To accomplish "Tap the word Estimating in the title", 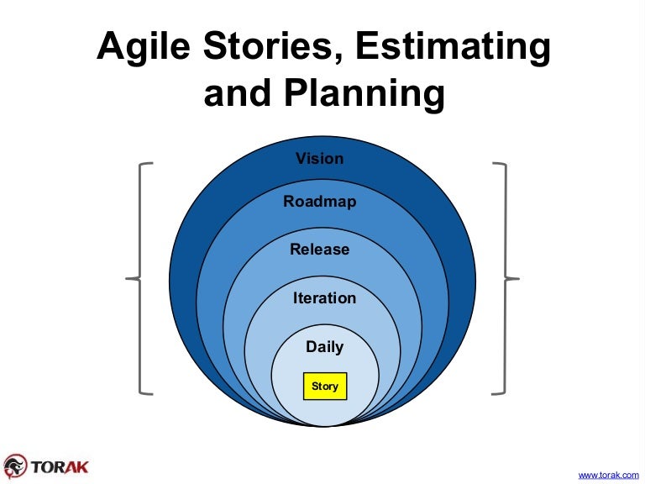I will click(x=453, y=49).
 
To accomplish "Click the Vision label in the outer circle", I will click(x=320, y=158).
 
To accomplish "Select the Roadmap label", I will click(x=320, y=202).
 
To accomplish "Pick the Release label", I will click(x=320, y=250).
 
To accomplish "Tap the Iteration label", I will click(x=324, y=298).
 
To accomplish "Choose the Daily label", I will click(x=324, y=346).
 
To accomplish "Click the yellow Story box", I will click(x=324, y=387).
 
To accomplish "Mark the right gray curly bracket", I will click(x=505, y=277).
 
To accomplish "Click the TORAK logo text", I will click(x=60, y=465).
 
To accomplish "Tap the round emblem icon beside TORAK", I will click(x=15, y=466).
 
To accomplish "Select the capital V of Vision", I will click(x=300, y=158).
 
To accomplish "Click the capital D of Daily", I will click(x=310, y=346).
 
